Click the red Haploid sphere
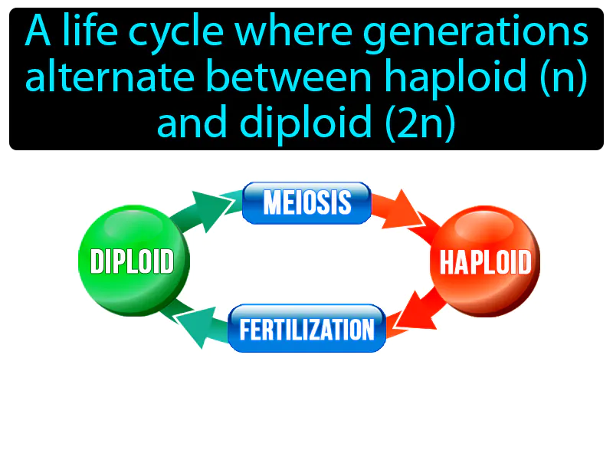pos(484,261)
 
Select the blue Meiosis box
pos(306,203)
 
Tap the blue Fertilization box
pos(306,329)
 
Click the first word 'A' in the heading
pos(35,34)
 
